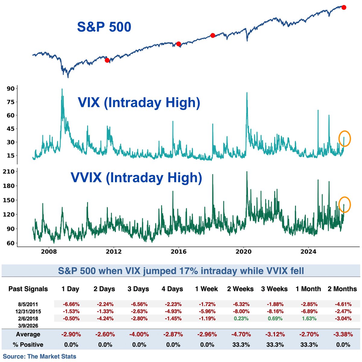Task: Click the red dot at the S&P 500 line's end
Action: (344, 7)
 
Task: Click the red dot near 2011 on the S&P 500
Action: (107, 60)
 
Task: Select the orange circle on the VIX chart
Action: (345, 139)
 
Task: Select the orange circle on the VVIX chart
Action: (345, 205)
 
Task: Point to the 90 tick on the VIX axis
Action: (11, 89)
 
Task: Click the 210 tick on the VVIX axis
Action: (9, 172)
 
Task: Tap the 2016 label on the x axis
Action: (179, 251)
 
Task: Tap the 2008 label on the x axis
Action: (49, 251)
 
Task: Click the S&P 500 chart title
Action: (104, 27)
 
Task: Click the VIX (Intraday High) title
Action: (139, 103)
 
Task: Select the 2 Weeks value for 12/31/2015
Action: (240, 311)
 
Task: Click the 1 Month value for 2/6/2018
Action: (309, 318)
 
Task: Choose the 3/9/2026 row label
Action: (28, 325)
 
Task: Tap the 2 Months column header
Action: (342, 289)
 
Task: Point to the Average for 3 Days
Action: (138, 334)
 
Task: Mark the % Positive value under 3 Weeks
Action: (275, 345)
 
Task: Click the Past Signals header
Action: (28, 289)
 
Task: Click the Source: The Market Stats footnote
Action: (40, 356)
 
